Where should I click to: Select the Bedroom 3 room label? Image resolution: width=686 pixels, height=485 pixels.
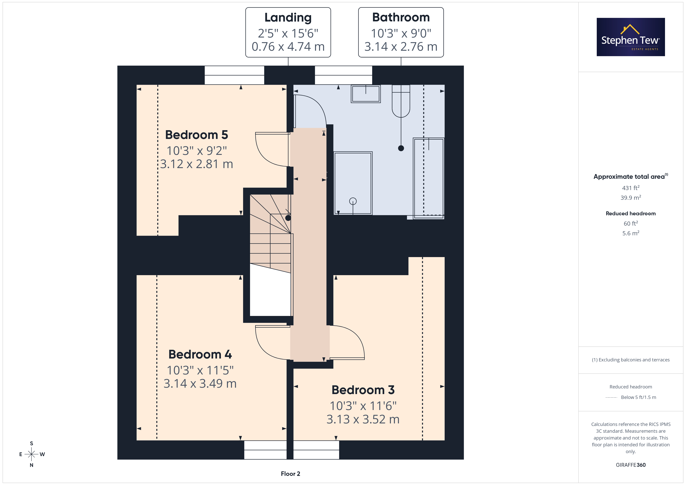click(x=363, y=390)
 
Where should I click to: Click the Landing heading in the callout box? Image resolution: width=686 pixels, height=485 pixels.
click(x=288, y=18)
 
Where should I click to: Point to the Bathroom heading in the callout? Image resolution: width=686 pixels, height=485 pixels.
click(x=401, y=17)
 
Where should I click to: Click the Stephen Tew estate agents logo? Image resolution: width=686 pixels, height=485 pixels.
click(x=631, y=37)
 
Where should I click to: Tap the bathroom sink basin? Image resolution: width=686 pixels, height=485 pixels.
click(x=366, y=94)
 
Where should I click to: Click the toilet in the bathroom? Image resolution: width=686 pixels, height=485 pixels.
click(x=401, y=101)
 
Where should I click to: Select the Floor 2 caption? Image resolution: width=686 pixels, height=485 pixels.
click(x=290, y=474)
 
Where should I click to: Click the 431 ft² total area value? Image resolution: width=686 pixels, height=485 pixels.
click(x=631, y=188)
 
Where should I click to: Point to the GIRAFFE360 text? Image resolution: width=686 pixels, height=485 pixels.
click(x=631, y=465)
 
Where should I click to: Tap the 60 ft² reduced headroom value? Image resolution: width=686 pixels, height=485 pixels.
click(x=631, y=223)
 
